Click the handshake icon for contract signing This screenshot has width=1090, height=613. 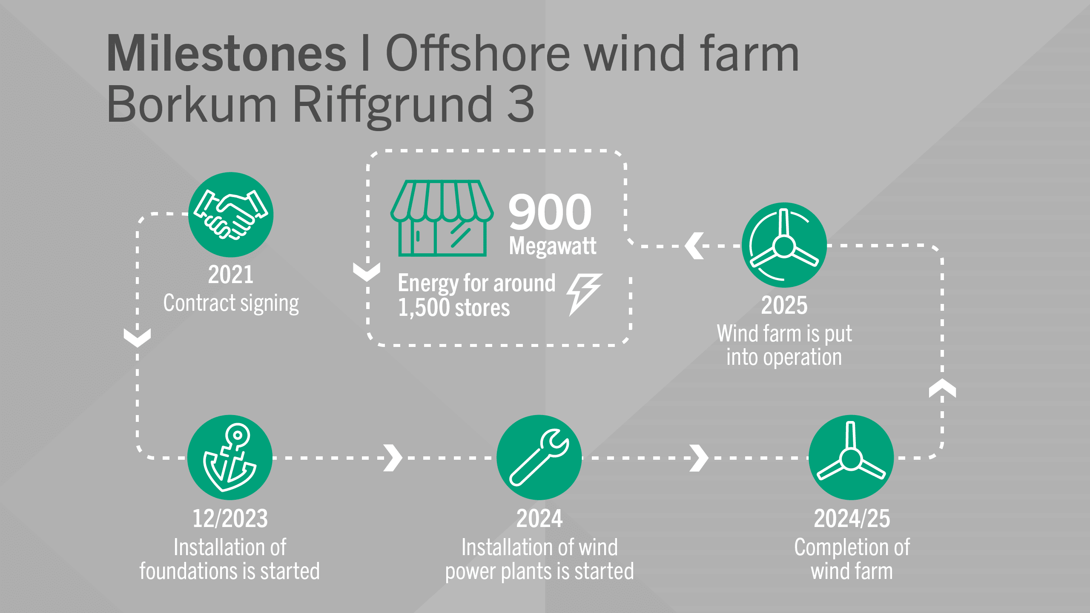click(x=231, y=215)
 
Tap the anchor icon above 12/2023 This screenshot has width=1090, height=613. click(x=230, y=457)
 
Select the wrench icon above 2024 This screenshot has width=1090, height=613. click(x=539, y=457)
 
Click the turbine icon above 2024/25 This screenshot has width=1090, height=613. click(x=851, y=457)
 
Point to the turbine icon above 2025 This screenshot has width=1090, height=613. click(x=784, y=245)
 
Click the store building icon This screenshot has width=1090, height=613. click(x=442, y=218)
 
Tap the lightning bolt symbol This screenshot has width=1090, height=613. click(x=584, y=294)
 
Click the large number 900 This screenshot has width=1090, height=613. click(x=550, y=212)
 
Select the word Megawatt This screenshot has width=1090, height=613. click(x=553, y=246)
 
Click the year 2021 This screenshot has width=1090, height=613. click(x=230, y=275)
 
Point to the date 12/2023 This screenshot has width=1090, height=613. click(x=230, y=518)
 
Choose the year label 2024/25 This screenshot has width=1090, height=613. click(x=852, y=518)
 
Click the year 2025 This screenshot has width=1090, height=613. click(x=784, y=305)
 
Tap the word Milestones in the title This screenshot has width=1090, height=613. click(x=226, y=54)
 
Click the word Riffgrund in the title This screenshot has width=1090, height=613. click(x=392, y=104)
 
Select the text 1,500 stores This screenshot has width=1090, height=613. click(x=454, y=308)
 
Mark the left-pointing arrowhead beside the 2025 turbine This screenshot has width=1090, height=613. click(x=694, y=246)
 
